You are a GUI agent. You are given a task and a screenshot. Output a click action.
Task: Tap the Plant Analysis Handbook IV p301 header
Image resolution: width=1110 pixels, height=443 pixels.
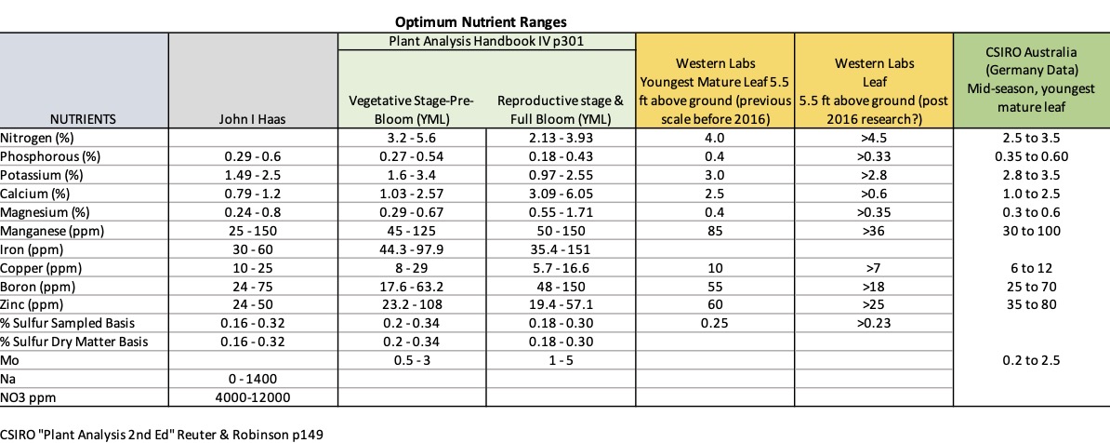(486, 42)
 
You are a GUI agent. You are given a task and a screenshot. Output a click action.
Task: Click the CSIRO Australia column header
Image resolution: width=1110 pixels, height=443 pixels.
(1031, 83)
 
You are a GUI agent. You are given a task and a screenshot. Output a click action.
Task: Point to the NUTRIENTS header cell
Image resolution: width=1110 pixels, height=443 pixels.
(84, 119)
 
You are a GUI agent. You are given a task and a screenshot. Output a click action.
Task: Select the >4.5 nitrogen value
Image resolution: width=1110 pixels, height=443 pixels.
(873, 138)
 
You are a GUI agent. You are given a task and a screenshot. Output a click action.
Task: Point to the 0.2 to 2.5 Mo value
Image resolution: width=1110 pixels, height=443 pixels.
(1031, 359)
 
